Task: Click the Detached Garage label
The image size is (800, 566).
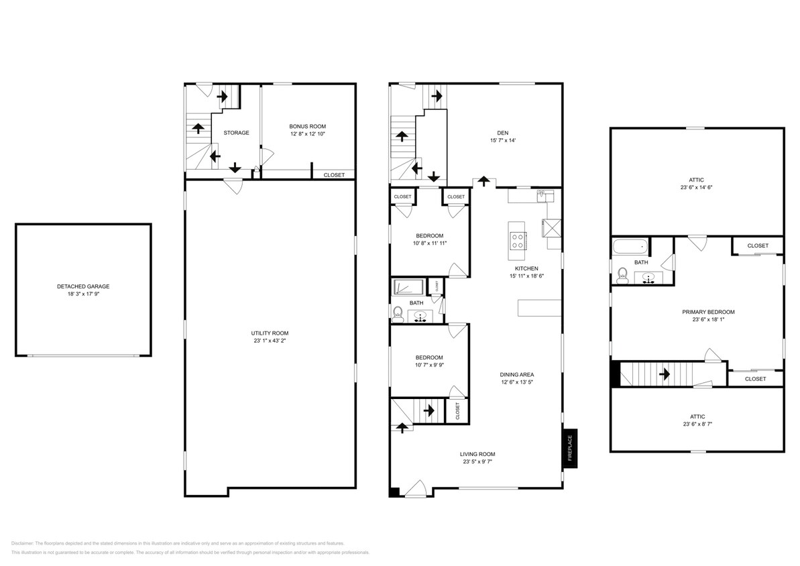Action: (83, 286)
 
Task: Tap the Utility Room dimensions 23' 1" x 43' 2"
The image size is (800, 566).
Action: (270, 341)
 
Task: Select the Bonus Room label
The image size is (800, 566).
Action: (308, 126)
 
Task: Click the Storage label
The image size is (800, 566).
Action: (236, 133)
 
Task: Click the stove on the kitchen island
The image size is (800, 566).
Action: (518, 239)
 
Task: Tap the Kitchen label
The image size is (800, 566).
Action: (526, 268)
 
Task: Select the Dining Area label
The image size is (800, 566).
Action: (516, 375)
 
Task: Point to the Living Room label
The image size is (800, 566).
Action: (478, 454)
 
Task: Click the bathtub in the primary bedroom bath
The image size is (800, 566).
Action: (629, 247)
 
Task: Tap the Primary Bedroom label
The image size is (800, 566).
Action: (708, 312)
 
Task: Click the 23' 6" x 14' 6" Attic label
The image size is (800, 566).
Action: (696, 180)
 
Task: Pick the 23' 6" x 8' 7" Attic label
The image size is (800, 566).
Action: (696, 416)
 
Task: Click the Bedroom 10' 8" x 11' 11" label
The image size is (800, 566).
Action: (429, 235)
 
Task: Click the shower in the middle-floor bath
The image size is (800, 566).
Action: (408, 287)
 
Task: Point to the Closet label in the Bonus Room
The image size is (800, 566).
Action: (334, 175)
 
